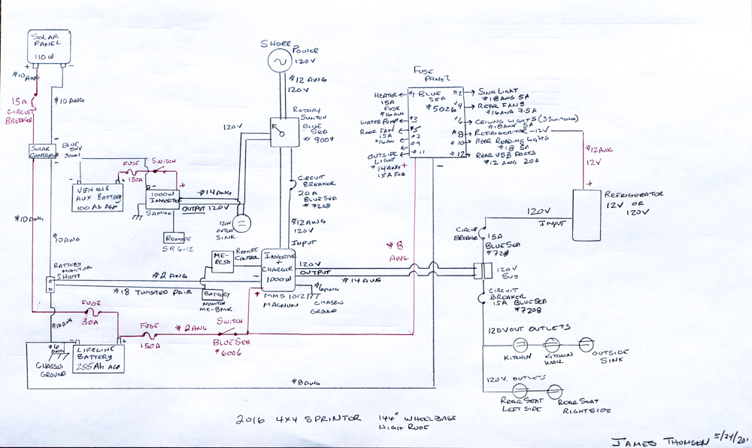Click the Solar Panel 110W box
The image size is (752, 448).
(49, 46)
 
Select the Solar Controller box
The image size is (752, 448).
(42, 151)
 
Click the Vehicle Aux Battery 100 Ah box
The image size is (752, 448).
(96, 198)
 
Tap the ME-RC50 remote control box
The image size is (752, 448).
(223, 259)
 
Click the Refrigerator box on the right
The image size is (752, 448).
(588, 215)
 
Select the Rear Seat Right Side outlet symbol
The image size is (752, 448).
(554, 392)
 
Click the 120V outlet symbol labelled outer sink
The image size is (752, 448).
(241, 223)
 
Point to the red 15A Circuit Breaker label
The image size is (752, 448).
(20, 110)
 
